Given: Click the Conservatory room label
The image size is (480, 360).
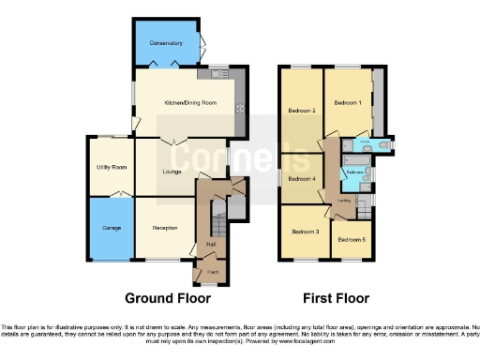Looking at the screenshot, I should click(x=166, y=43).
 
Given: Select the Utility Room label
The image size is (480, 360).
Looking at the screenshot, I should click(x=112, y=167).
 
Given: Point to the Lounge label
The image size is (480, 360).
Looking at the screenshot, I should click(x=172, y=172).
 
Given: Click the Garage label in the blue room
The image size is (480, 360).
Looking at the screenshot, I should click(x=111, y=228).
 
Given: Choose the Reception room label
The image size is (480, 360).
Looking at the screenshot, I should click(x=165, y=227).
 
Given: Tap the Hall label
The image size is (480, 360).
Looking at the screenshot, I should click(x=211, y=245).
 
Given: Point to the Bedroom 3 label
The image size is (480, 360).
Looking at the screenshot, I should click(x=305, y=232).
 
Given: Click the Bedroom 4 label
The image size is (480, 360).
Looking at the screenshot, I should click(x=300, y=178).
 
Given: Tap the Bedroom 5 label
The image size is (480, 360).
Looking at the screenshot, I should click(x=352, y=240).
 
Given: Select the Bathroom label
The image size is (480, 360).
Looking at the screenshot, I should click(x=355, y=172).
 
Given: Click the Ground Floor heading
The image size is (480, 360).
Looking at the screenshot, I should click(x=168, y=298).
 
